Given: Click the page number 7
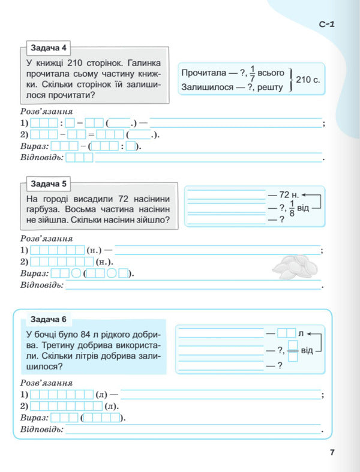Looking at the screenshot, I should pyautogui.click(x=332, y=453).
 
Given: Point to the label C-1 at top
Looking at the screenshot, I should pyautogui.click(x=326, y=25).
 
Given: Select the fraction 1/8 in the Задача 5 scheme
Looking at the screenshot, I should pyautogui.click(x=292, y=208).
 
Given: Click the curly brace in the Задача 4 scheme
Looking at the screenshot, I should pyautogui.click(x=290, y=79).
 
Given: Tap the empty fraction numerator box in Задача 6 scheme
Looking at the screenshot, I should pyautogui.click(x=293, y=345).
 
